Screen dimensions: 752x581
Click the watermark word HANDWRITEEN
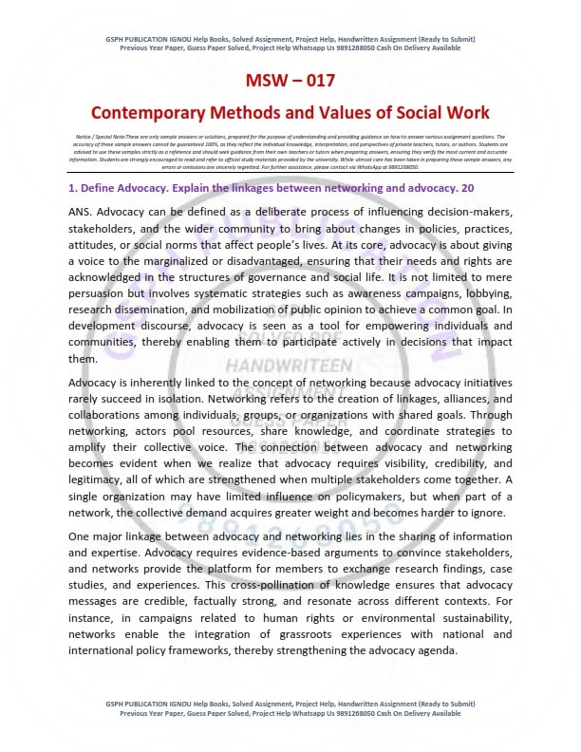290,366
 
